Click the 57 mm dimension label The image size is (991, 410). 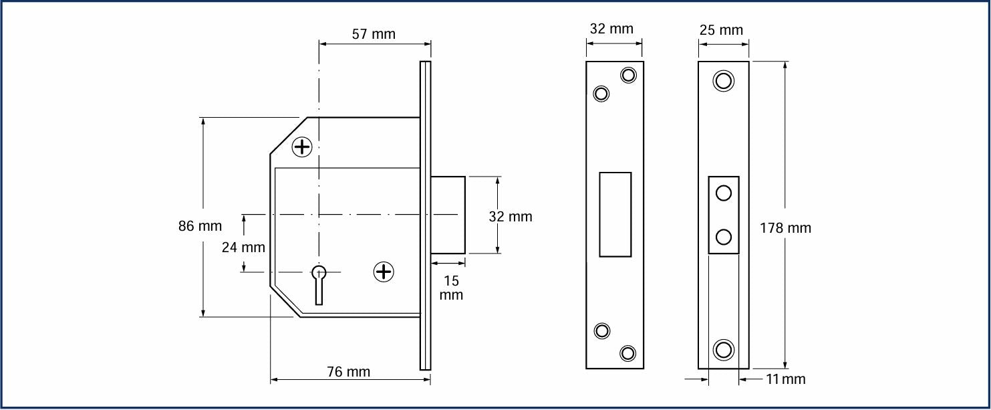[x=374, y=34]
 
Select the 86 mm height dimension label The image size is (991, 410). [x=200, y=226]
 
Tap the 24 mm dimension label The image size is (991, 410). [x=243, y=247]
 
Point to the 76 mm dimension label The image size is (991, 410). [x=349, y=371]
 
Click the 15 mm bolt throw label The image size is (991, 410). [x=451, y=288]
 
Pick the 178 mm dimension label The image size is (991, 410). [x=785, y=228]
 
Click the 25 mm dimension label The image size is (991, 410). [x=721, y=30]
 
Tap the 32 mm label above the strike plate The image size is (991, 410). [x=611, y=29]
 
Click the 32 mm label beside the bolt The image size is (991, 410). [x=511, y=217]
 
